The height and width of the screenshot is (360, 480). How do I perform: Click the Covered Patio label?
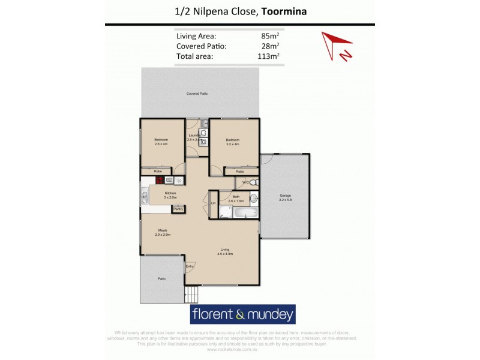click(x=197, y=94)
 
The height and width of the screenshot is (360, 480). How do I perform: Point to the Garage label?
click(x=285, y=196)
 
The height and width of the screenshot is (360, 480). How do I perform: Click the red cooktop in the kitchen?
click(x=160, y=179)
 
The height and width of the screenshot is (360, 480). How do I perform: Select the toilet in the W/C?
click(x=254, y=182)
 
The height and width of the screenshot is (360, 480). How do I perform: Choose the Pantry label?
click(x=178, y=209)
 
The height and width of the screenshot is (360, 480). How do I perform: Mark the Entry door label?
click(x=190, y=266)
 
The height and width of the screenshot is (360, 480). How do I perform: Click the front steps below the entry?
click(x=191, y=294)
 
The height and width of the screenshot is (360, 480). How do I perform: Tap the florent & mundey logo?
click(x=242, y=314)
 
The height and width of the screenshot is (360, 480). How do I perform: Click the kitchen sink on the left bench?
click(x=145, y=196)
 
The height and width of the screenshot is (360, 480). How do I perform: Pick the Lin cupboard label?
click(x=213, y=203)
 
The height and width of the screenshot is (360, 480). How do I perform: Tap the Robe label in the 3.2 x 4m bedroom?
click(x=239, y=172)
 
